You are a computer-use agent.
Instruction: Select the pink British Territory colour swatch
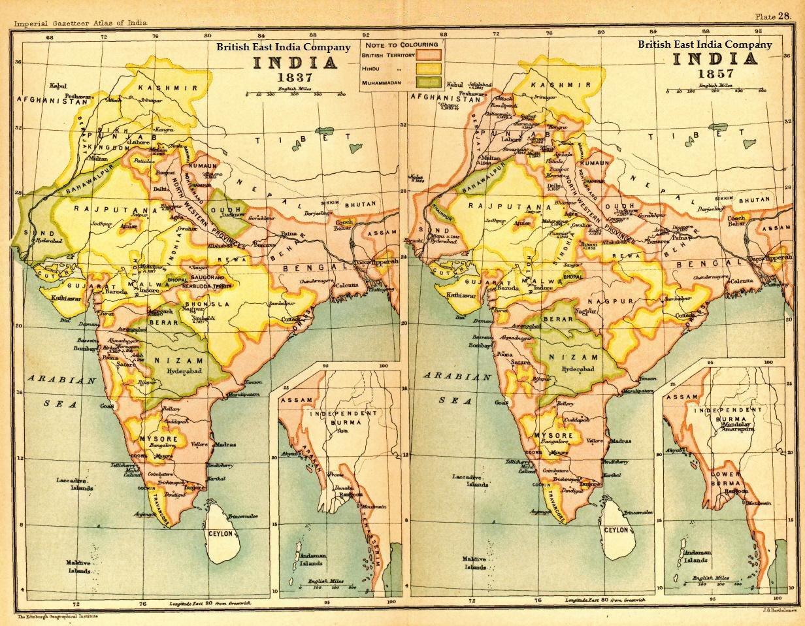tap(429, 55)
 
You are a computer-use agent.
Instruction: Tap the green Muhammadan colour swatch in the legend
tap(429, 82)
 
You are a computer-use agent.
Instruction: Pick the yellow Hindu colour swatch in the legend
tap(429, 68)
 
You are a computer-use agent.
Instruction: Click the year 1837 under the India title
tap(295, 77)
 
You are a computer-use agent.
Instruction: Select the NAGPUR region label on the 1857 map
tap(607, 301)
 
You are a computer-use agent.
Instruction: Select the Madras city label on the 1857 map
tap(619, 441)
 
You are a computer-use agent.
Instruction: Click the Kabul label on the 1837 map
tap(59, 86)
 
